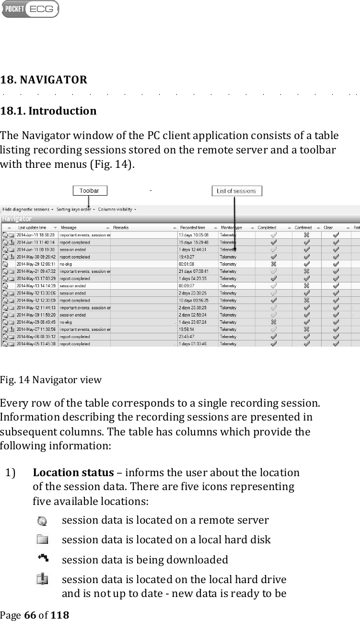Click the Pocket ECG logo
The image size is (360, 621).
[30, 9]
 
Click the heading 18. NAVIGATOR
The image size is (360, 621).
[44, 80]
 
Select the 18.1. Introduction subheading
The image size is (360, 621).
[48, 111]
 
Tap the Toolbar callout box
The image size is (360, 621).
[90, 191]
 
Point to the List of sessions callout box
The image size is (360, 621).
[236, 191]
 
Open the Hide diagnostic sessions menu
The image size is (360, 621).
[26, 209]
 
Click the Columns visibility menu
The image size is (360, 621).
[116, 209]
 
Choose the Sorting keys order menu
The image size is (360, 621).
[75, 209]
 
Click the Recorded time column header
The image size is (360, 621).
[192, 227]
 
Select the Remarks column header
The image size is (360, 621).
[120, 227]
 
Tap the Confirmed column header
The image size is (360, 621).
[303, 227]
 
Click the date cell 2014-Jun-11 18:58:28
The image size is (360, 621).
[35, 235]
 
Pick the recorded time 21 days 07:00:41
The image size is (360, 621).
[193, 271]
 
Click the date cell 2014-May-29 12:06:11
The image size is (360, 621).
[35, 264]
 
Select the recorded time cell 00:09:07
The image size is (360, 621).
[186, 286]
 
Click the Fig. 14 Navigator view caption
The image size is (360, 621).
[51, 380]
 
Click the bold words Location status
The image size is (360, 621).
[73, 472]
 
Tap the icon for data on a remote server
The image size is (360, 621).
[42, 521]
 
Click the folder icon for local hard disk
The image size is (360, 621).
[42, 540]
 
